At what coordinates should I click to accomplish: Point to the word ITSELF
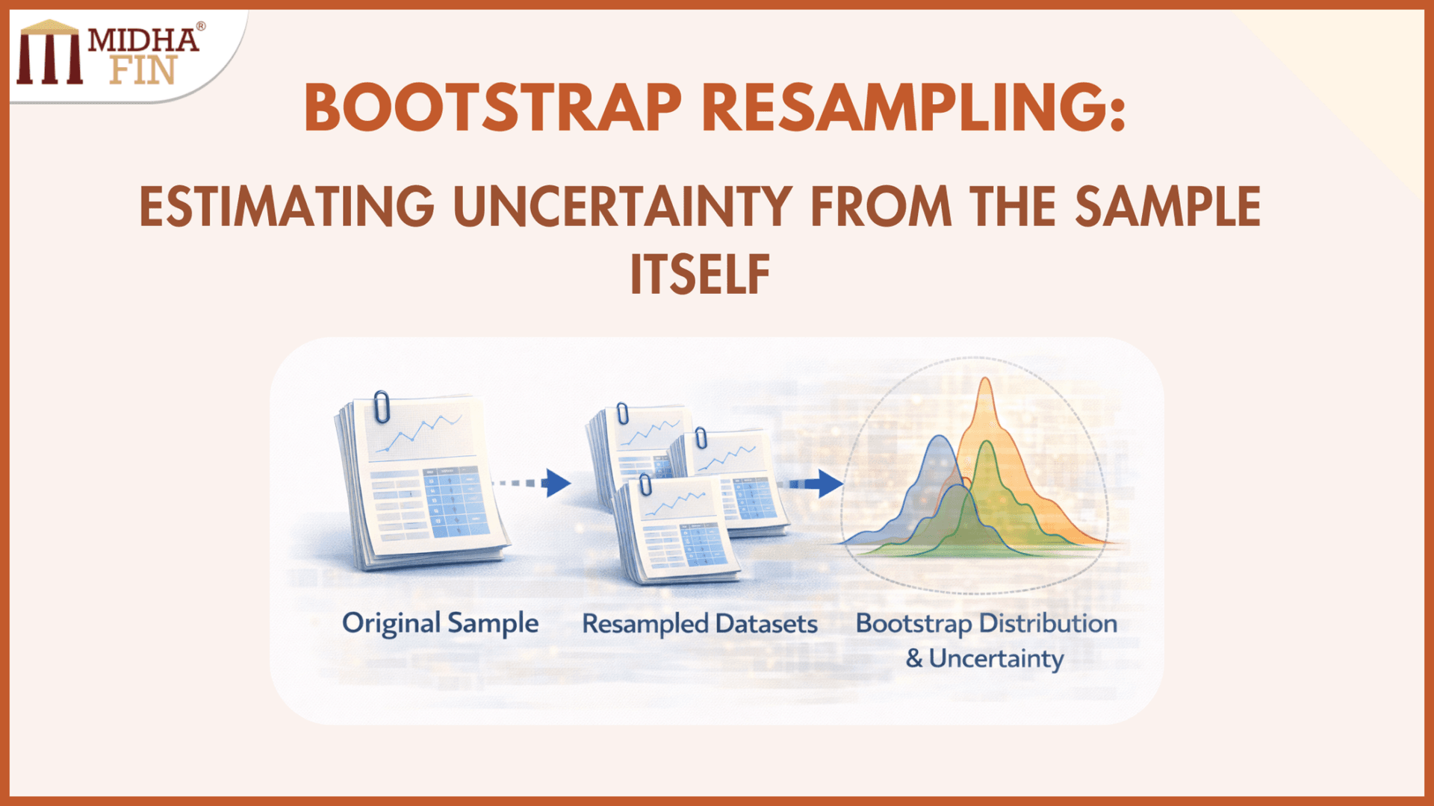click(700, 275)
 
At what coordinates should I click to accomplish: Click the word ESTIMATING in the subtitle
click(287, 207)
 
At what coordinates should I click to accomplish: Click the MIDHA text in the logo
click(143, 40)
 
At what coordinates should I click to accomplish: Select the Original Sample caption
click(440, 623)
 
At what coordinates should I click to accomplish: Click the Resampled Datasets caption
click(700, 623)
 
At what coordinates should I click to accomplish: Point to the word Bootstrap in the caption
click(913, 623)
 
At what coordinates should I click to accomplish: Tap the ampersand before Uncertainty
click(914, 658)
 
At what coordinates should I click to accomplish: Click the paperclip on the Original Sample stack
click(382, 407)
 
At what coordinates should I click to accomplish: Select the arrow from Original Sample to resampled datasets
click(534, 483)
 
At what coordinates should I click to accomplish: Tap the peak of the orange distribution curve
click(985, 382)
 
